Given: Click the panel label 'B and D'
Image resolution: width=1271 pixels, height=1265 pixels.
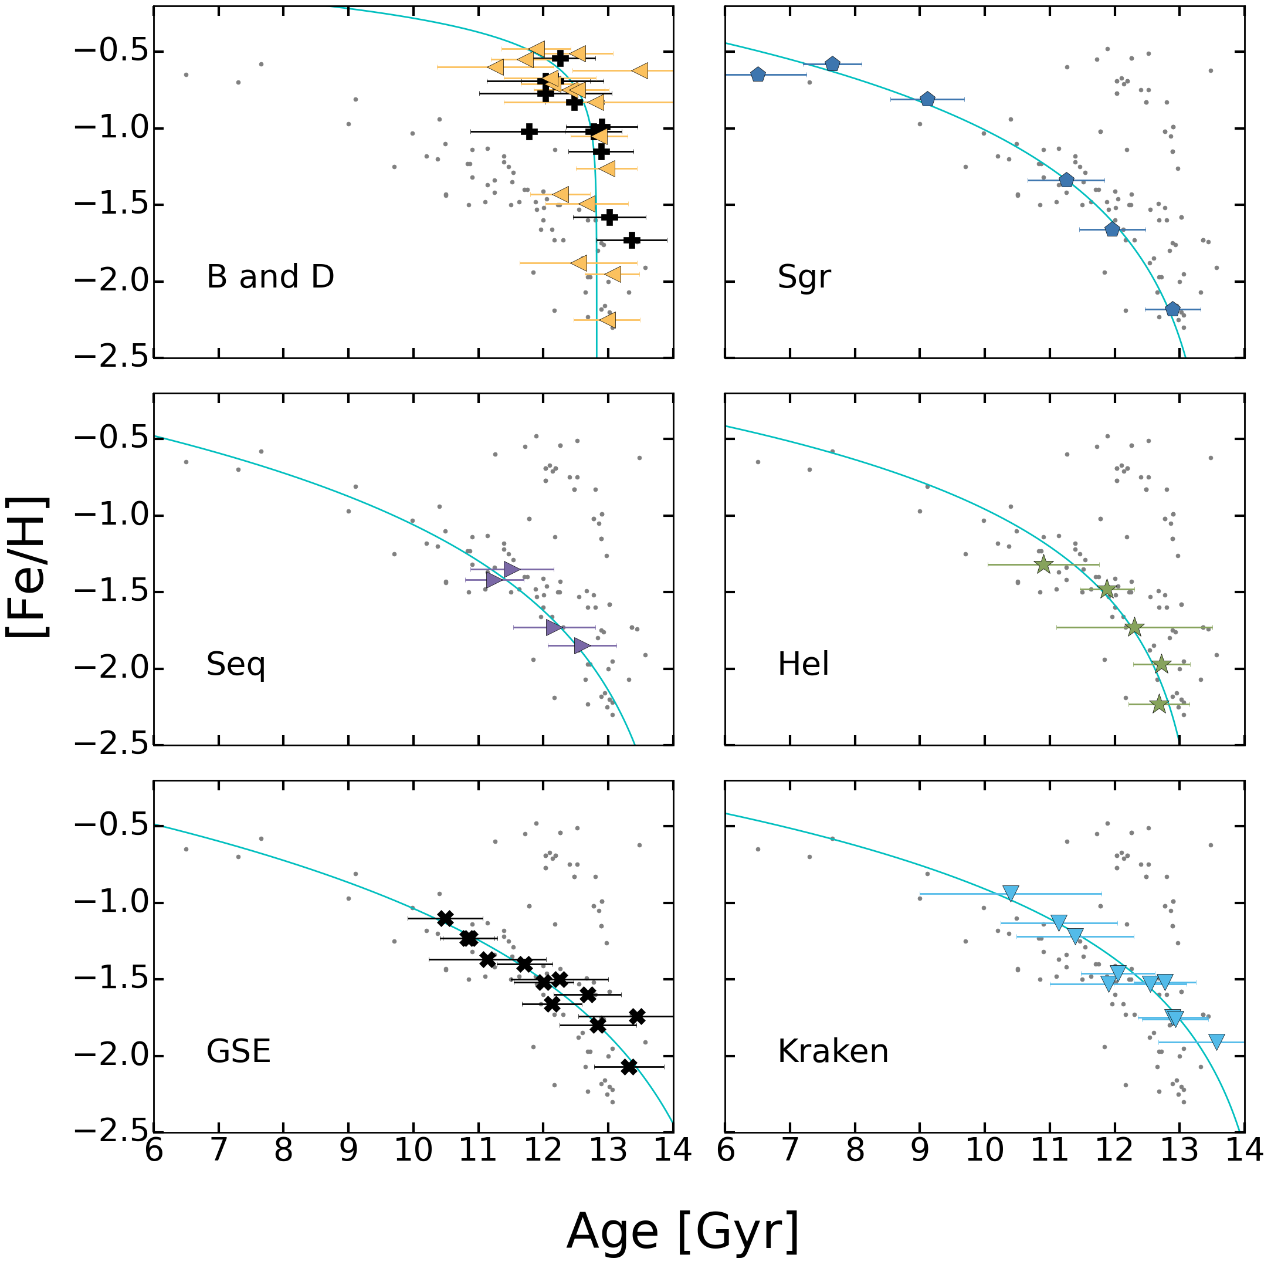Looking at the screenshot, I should [270, 276].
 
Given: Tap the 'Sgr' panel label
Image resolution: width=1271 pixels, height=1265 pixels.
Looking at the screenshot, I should [804, 276].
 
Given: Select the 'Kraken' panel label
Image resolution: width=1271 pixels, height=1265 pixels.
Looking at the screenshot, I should [833, 1051].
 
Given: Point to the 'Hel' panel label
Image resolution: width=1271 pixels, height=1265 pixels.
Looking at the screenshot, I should [804, 664].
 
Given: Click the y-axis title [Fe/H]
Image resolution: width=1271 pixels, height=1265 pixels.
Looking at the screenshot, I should [28, 567].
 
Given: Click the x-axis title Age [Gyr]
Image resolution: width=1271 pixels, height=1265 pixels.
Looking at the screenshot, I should [683, 1232].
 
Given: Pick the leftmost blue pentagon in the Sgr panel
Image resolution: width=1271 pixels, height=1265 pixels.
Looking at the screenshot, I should [758, 75].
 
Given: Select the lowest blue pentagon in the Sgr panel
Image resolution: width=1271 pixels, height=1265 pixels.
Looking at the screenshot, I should [1172, 309].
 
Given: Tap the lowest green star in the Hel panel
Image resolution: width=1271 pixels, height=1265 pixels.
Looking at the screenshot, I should [1159, 704].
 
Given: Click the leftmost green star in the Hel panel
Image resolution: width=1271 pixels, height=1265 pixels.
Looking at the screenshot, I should [1043, 564].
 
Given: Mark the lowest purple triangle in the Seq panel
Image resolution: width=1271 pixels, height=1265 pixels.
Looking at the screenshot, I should [582, 645].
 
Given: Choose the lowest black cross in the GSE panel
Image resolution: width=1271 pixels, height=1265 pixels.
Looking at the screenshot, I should [629, 1067].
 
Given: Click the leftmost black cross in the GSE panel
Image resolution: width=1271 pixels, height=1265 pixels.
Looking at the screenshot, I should [445, 918].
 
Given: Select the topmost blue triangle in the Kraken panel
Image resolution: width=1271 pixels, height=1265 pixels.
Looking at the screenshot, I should [1011, 894].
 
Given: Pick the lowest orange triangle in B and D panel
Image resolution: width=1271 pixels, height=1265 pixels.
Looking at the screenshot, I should [607, 320].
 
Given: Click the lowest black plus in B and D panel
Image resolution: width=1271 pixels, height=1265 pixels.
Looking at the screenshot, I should [632, 240].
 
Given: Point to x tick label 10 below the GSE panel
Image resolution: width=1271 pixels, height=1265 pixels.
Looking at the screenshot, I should [413, 1151].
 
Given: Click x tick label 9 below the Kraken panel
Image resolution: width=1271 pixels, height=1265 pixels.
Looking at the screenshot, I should [920, 1151].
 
